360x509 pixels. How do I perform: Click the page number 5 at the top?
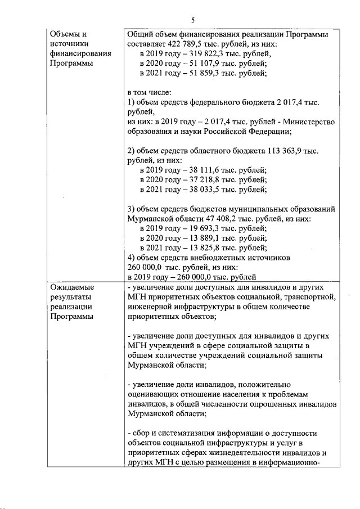pos(193,20)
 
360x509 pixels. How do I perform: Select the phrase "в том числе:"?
pos(149,92)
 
